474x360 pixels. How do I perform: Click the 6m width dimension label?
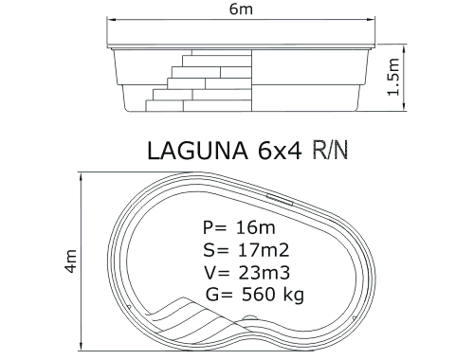(241, 9)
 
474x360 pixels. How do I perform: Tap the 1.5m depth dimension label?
(393, 77)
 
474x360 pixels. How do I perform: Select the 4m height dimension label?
(70, 261)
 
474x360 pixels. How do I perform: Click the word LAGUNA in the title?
(198, 151)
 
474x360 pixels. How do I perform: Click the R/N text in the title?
(330, 150)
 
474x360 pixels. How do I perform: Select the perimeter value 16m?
(255, 227)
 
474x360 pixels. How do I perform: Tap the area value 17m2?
(263, 250)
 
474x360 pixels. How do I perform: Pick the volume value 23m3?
(264, 273)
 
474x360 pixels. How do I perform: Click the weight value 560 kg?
(273, 296)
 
